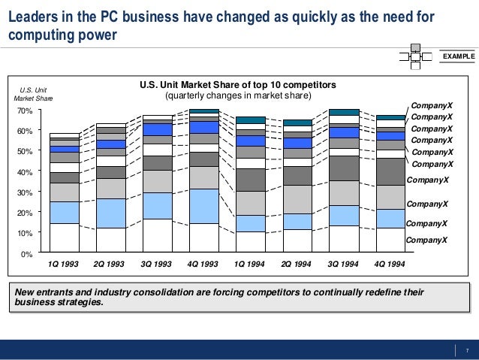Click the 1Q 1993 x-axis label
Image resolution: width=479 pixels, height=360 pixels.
(x=63, y=265)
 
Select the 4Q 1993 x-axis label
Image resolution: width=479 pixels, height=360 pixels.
(x=203, y=265)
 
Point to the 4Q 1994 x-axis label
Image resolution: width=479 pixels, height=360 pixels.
(x=390, y=265)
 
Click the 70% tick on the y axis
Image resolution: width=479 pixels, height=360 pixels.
(x=24, y=110)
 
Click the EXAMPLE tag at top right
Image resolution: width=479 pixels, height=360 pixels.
(x=457, y=56)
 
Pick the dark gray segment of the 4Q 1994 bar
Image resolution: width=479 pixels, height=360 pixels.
(x=390, y=171)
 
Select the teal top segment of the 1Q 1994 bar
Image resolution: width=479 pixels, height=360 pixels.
(x=250, y=120)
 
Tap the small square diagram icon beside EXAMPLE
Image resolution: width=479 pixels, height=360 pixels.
(x=415, y=56)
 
